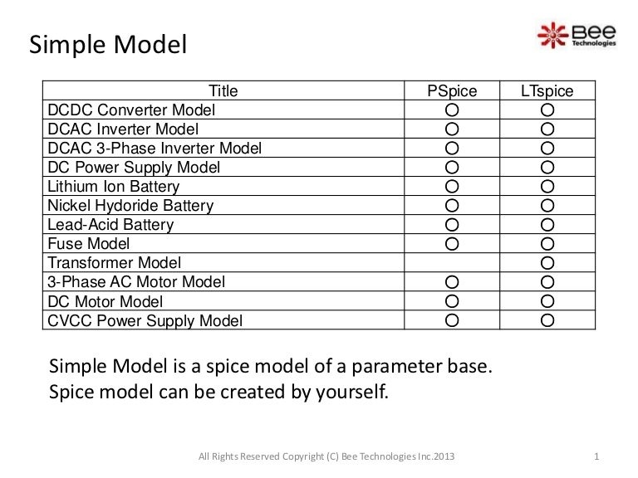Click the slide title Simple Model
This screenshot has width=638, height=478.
coord(108,44)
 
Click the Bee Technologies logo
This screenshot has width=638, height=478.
coord(577,36)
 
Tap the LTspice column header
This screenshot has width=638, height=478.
coord(547,91)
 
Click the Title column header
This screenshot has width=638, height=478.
coord(223,91)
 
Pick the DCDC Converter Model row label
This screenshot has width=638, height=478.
coord(131,110)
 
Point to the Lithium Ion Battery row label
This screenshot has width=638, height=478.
coord(114,187)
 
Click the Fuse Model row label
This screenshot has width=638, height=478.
coord(89,244)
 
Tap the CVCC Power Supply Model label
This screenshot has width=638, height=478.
coord(145,320)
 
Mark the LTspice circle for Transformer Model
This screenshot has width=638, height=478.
coord(547,263)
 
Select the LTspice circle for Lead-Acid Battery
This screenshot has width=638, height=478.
coord(547,225)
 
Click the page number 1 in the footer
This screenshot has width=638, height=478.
coord(598,456)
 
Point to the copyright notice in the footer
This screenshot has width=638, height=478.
coord(327,456)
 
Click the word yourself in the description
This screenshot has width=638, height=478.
coord(354,392)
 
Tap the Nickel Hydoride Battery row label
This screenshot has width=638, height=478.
coord(130,206)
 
